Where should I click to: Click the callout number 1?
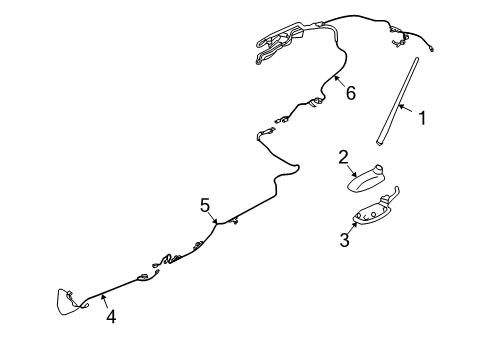tap(422, 118)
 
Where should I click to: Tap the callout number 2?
tap(343, 157)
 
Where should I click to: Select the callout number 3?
tap(345, 240)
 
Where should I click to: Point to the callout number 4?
tap(111, 317)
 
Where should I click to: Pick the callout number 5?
tap(205, 205)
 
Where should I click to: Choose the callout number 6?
tap(351, 93)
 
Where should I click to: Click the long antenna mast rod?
tap(397, 101)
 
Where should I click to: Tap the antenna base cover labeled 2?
tap(365, 179)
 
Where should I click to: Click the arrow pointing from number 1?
tap(406, 109)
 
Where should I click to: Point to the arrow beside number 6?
tap(340, 82)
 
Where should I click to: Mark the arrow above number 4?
tap(105, 302)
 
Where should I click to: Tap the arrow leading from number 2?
tap(353, 171)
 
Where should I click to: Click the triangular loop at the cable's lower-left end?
tap(68, 302)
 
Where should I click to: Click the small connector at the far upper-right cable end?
tap(432, 50)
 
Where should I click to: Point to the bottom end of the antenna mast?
tap(380, 143)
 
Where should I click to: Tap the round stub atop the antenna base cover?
tap(379, 168)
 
